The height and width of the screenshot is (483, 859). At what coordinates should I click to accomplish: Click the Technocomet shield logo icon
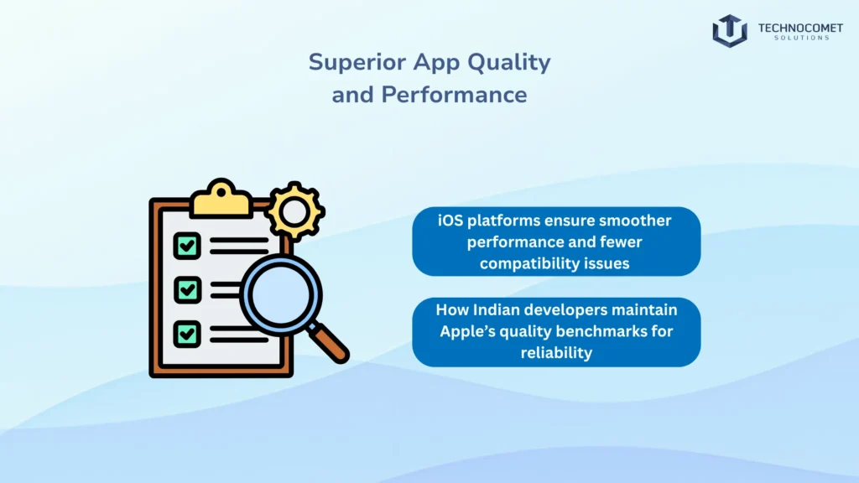tap(730, 30)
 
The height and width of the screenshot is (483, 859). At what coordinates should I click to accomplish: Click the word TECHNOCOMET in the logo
tap(794, 28)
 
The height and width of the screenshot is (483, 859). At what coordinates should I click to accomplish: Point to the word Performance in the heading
tap(454, 94)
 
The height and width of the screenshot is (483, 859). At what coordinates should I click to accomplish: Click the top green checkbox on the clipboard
tap(187, 246)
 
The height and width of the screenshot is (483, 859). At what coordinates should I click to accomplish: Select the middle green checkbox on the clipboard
tap(187, 290)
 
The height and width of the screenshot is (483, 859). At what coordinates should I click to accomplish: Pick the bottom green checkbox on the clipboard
tap(187, 334)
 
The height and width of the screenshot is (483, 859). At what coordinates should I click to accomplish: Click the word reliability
tap(555, 352)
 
